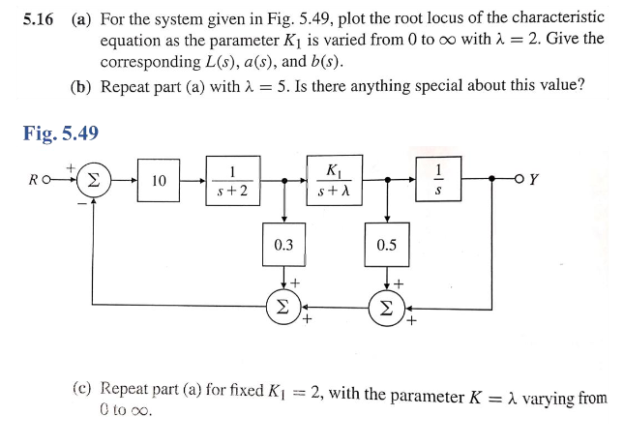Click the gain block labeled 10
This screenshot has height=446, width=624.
(160, 180)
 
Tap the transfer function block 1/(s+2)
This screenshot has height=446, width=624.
(232, 180)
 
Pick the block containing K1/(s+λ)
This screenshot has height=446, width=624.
(334, 179)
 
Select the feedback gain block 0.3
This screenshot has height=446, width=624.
(283, 245)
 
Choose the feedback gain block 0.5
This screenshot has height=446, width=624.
(386, 245)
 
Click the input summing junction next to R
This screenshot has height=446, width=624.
(94, 180)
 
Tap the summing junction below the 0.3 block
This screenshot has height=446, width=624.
(283, 305)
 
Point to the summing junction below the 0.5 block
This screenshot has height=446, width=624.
(386, 305)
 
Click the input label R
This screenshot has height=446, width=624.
(36, 180)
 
